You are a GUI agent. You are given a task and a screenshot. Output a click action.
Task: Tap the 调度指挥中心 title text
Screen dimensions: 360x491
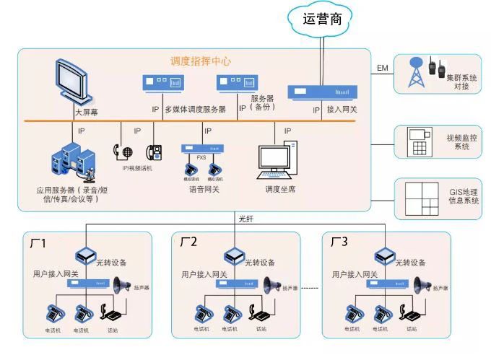[x=201, y=61]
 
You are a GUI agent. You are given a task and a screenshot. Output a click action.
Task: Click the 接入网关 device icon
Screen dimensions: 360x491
[x=323, y=92]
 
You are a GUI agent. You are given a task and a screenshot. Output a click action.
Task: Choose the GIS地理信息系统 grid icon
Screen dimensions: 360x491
[x=420, y=198]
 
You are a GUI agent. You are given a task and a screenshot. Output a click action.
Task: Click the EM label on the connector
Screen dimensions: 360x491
[x=383, y=69]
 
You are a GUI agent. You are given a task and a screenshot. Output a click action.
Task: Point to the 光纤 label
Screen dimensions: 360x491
[x=246, y=217]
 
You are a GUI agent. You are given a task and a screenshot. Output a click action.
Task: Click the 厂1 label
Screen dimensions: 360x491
[x=38, y=243]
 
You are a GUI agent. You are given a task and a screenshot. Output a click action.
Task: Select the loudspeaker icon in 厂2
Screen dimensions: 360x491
[x=273, y=285]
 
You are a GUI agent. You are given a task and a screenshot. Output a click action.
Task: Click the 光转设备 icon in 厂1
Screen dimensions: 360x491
[x=86, y=255]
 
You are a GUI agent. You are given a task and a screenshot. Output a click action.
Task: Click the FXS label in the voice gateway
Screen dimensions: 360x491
[x=201, y=157]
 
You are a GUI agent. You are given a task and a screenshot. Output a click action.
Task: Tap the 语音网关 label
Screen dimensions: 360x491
[x=204, y=190]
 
